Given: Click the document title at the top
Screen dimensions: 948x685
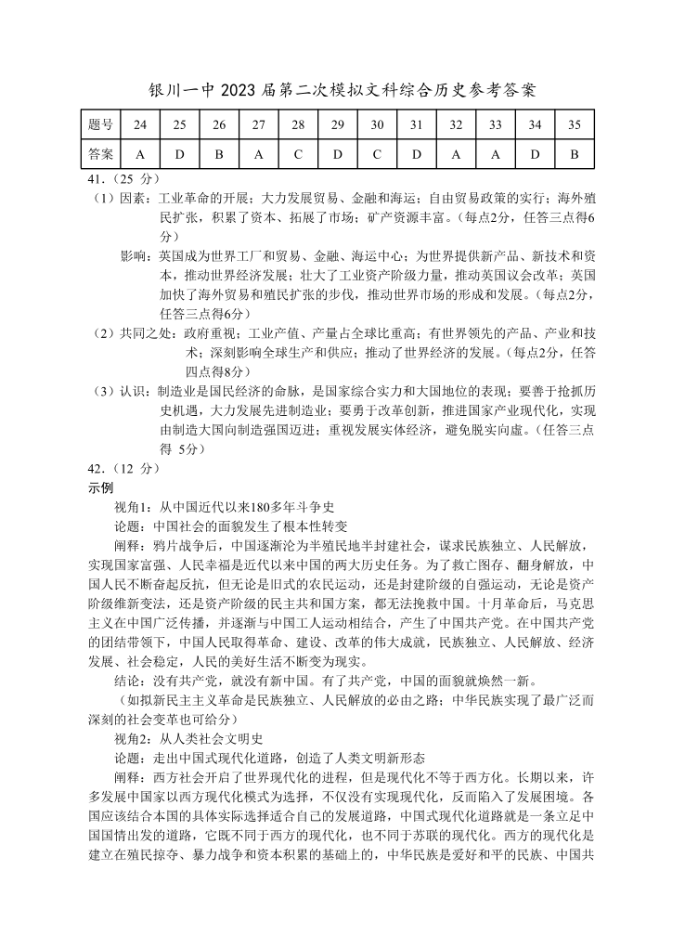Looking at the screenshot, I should (x=342, y=90).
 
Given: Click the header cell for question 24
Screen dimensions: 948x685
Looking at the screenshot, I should (x=139, y=124).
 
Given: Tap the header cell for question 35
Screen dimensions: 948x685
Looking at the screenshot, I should (x=574, y=124).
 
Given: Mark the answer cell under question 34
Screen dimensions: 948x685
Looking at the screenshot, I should (x=535, y=153).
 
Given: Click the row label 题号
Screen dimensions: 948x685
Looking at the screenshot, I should (x=100, y=124).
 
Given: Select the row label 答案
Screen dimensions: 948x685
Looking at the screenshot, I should (x=100, y=153).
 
